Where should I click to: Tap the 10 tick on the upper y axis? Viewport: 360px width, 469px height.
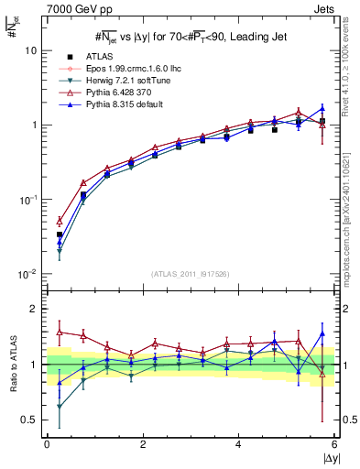[30, 51]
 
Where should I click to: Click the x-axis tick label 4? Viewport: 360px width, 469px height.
[238, 445]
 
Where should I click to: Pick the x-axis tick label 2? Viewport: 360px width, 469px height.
[143, 445]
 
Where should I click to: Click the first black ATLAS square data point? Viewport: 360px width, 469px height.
[60, 234]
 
